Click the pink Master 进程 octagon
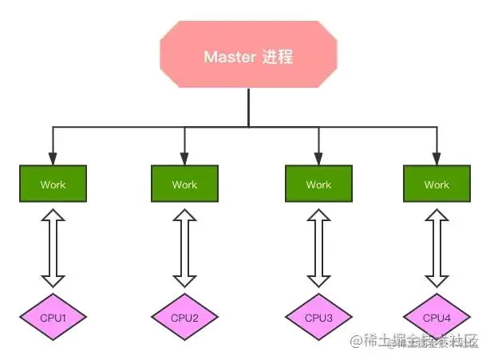(248, 56)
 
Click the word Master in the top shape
(230, 57)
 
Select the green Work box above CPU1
(53, 184)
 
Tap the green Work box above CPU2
(184, 184)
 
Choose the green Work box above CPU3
(318, 184)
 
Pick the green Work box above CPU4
(436, 184)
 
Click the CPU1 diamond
(53, 318)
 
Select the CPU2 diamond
(184, 318)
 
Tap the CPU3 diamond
(318, 318)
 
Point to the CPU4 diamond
(436, 318)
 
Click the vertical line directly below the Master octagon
(248, 108)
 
